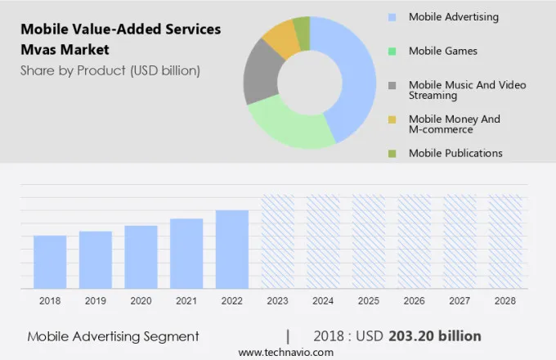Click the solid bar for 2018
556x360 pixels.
coord(50,262)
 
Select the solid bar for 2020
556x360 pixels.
coord(141,257)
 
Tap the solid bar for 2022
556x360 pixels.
coord(232,250)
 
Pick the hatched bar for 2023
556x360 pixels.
coord(277,241)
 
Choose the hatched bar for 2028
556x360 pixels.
coord(504,241)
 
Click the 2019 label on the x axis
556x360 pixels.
coord(96,301)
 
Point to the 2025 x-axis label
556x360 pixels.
coord(368,301)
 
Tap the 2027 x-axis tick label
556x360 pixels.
coord(460,301)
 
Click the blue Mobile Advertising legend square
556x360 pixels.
coord(392,17)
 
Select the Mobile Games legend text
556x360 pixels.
coord(442,51)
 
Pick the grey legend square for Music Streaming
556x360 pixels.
coord(392,85)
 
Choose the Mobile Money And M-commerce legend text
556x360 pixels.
coord(454,124)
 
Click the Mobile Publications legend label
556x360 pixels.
coord(455,153)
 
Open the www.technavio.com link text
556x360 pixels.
coord(285,352)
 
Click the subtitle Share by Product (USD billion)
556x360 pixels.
coord(110,70)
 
